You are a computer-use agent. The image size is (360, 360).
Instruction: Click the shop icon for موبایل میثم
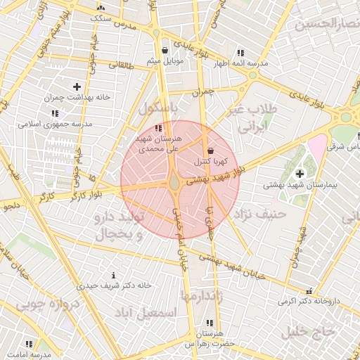(165, 50)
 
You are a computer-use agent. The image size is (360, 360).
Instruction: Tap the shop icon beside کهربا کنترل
(211, 150)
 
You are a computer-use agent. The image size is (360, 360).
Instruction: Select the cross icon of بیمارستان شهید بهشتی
(300, 174)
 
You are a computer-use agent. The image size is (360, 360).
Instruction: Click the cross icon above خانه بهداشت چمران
(77, 86)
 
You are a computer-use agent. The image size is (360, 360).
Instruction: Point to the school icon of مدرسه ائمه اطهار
(240, 53)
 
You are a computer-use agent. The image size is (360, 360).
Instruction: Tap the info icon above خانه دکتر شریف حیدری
(114, 275)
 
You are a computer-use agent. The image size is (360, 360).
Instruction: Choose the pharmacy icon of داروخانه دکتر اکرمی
(309, 291)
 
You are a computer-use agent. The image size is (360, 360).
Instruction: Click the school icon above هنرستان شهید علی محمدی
(158, 128)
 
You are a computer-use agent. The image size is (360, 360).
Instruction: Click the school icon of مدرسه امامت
(30, 345)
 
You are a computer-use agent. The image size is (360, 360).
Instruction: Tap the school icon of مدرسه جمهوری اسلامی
(55, 113)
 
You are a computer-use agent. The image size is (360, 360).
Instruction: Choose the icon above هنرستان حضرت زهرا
(209, 322)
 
